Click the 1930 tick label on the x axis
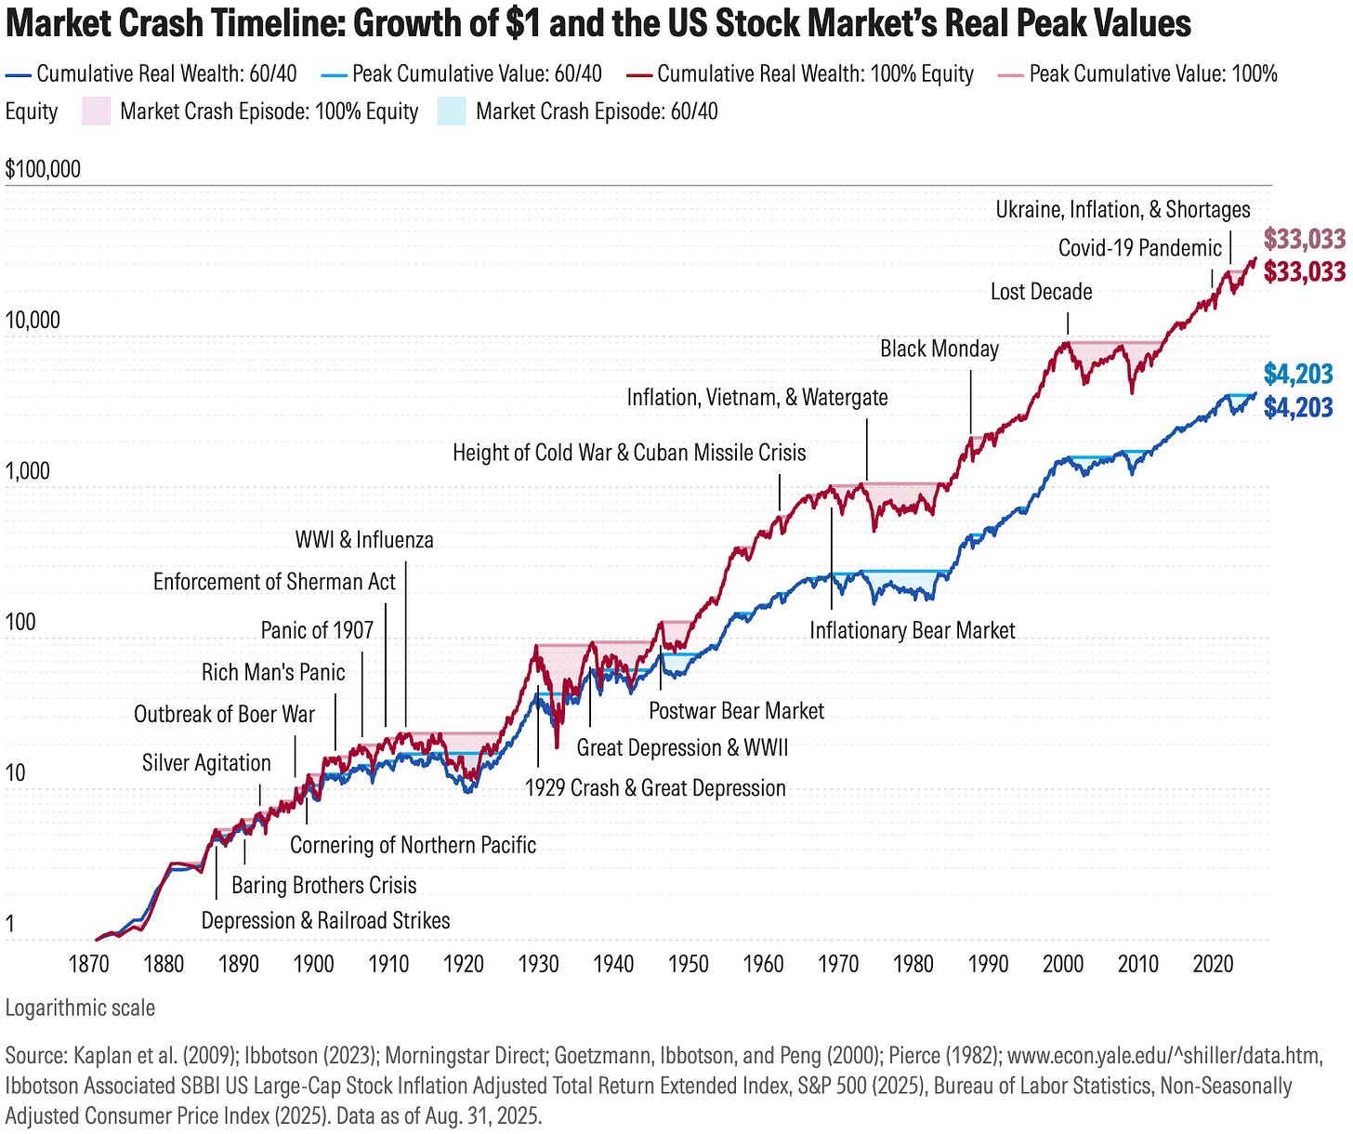538,963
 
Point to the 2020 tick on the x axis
1212,963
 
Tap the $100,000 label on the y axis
43,169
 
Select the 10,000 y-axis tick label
33,320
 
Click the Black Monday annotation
939,349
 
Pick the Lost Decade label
1041,292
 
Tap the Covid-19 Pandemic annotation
1139,248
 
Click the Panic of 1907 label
317,630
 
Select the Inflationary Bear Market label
912,630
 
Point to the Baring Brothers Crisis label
323,885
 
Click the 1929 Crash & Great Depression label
654,788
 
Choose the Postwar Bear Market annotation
736,711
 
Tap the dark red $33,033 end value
1305,271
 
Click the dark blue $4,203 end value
1298,407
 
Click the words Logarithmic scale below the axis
80,1008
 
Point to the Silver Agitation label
206,763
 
